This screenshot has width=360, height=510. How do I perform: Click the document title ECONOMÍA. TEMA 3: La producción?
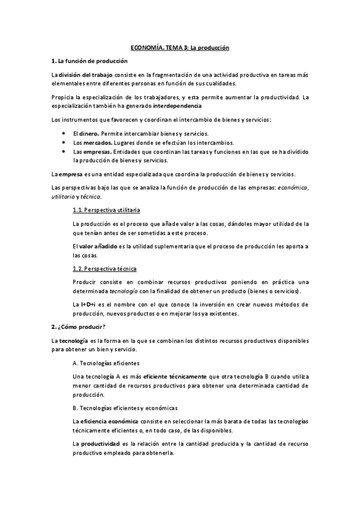click(181, 47)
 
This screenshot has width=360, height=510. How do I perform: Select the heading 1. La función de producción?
click(89, 61)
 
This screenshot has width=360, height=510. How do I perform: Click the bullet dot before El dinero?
click(64, 133)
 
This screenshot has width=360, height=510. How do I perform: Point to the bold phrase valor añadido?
click(98, 247)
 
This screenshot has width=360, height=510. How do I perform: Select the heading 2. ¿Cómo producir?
click(79, 327)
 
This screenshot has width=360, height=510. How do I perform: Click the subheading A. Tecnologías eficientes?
click(106, 363)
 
